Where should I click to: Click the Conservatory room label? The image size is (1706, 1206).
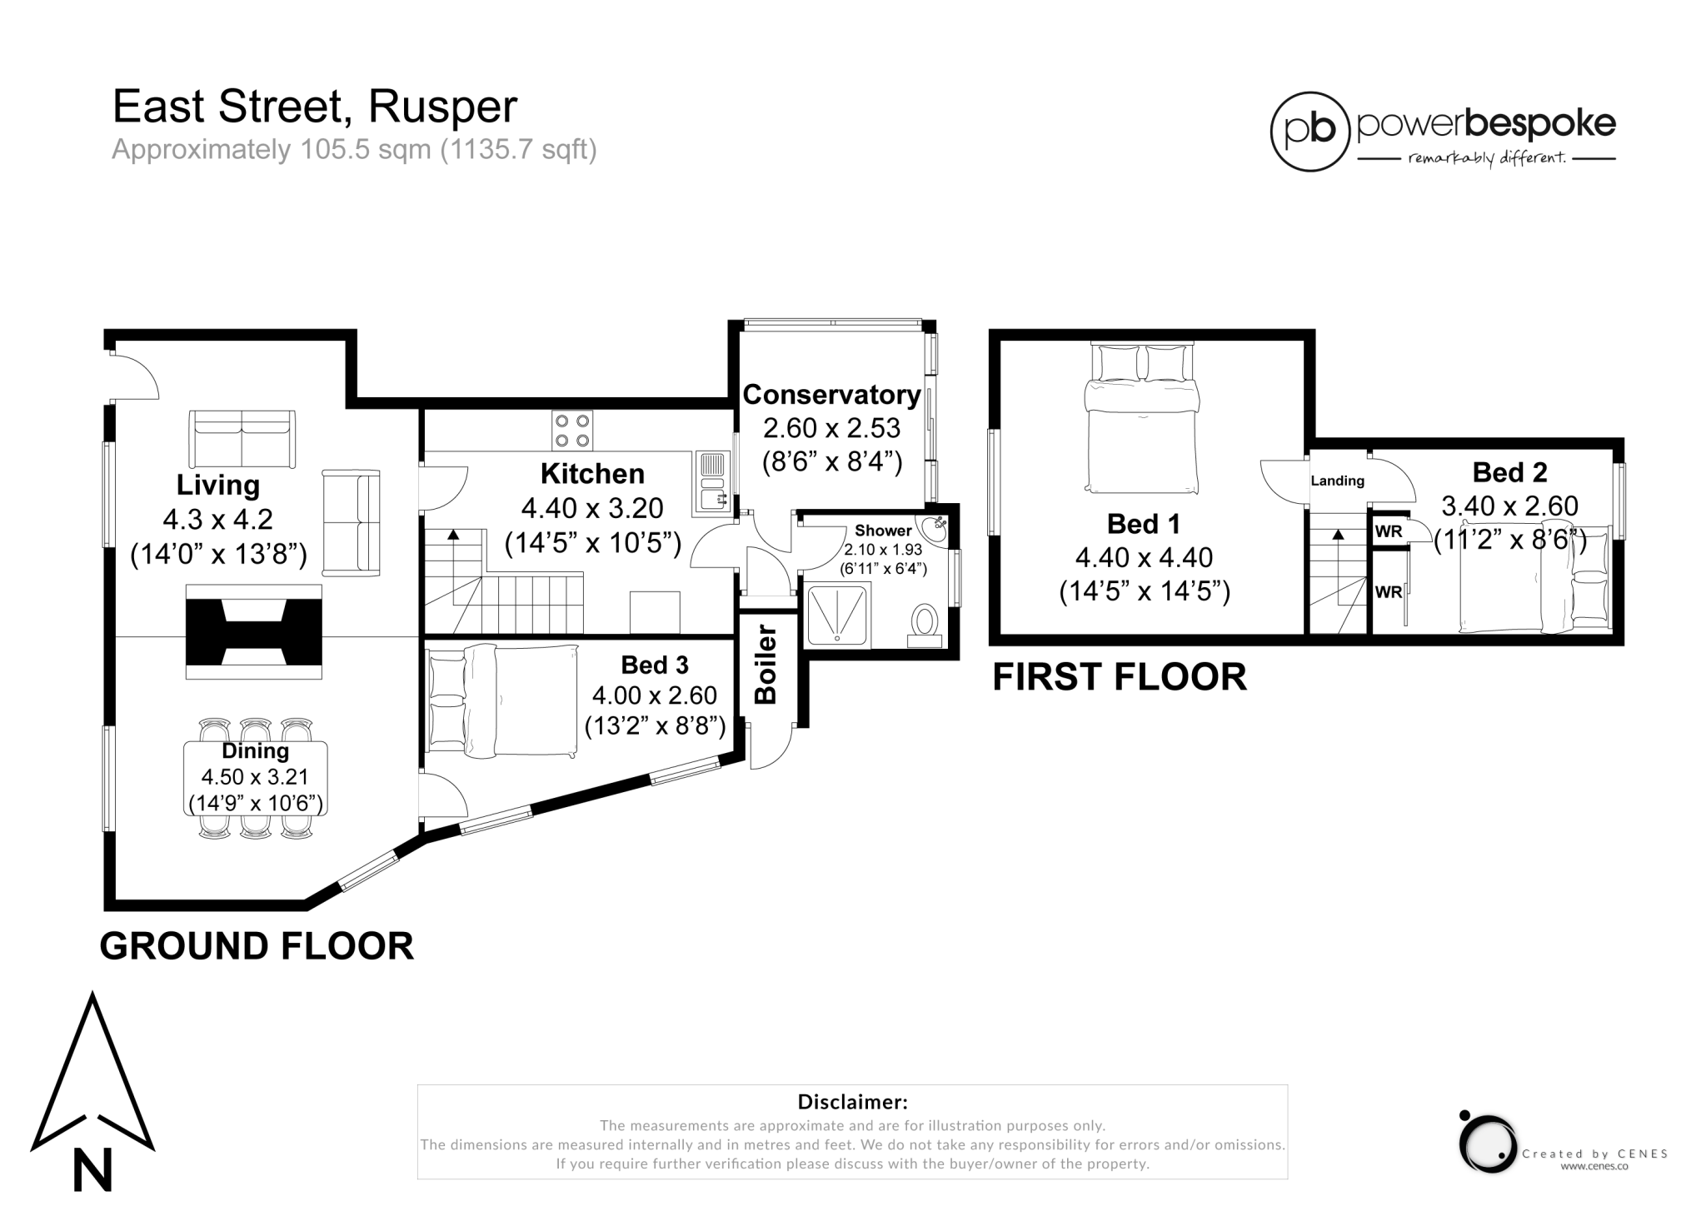[x=831, y=395]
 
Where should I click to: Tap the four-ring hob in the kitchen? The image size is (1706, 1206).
[x=572, y=431]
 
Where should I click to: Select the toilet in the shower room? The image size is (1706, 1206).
[x=924, y=624]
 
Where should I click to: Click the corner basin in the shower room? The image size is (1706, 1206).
[x=934, y=528]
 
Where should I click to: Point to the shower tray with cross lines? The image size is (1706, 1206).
[x=836, y=615]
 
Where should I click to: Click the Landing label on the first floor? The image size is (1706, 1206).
[x=1337, y=481]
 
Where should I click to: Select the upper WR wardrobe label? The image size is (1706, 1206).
[x=1388, y=531]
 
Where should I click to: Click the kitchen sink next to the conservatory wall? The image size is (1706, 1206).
[x=712, y=484]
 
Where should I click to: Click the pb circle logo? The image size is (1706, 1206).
[x=1309, y=132]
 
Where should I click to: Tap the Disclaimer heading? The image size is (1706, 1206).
[x=852, y=1102]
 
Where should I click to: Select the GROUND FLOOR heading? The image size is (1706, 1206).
[x=257, y=946]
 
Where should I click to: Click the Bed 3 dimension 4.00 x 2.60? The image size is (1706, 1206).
[x=655, y=695]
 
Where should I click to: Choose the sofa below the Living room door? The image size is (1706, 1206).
[x=242, y=439]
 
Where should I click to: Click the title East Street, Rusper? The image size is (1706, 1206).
[x=315, y=107]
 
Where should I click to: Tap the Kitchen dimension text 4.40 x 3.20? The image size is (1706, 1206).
[x=592, y=507]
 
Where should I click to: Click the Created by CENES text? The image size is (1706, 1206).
[x=1594, y=1154]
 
